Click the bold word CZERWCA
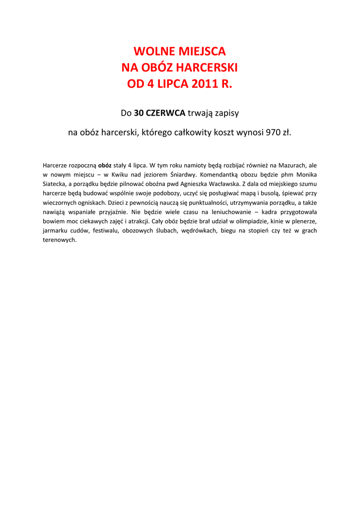coord(165,113)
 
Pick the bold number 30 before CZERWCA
coord(139,113)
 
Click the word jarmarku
coord(55,231)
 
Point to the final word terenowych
coord(60,240)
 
